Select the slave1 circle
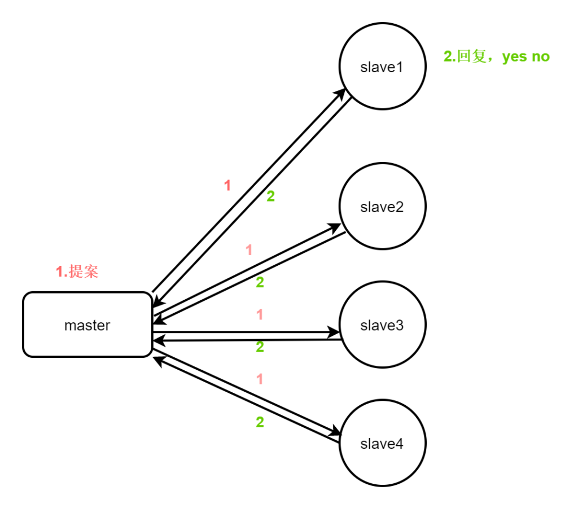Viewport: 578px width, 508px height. coord(382,67)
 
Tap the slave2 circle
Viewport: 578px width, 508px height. coord(382,207)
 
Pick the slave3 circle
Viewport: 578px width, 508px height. coord(382,326)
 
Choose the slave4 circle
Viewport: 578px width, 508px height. coord(382,443)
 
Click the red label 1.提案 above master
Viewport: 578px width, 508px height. coord(77,271)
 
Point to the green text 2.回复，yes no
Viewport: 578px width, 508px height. coord(497,56)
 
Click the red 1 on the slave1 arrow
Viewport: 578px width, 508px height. coord(227,186)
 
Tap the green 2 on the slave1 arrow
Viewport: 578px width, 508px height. coord(271,197)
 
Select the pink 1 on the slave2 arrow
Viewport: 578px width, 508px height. coord(249,250)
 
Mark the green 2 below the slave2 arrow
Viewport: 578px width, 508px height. coord(260,283)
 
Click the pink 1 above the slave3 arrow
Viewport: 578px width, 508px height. coord(260,315)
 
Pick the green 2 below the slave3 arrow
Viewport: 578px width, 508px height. coord(260,347)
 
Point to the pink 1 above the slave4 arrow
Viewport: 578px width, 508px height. coord(260,379)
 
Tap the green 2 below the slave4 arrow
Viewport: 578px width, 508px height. coord(260,422)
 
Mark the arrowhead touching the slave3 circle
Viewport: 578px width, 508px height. coord(335,332)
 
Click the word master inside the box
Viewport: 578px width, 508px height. coord(87,326)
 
